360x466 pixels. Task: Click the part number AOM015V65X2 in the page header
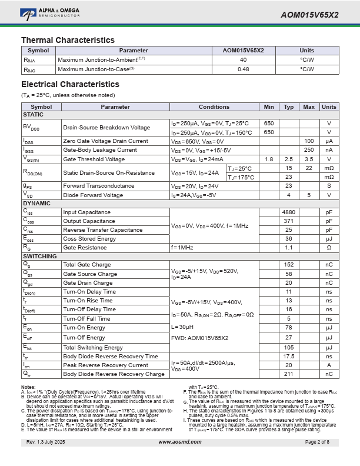pos(309,15)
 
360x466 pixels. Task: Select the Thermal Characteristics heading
pos(68,40)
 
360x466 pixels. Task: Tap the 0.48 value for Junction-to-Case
pos(243,69)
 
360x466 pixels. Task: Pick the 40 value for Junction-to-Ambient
pos(243,59)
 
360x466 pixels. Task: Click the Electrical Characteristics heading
pos(70,84)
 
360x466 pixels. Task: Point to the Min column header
pos(269,106)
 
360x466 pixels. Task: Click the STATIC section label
pos(33,115)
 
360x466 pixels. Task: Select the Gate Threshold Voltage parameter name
pos(94,159)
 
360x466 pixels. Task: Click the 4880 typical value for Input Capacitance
pos(289,212)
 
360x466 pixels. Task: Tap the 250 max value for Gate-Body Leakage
pos(309,150)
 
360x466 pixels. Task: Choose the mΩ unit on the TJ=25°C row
pos(329,168)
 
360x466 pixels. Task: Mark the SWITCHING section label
pos(39,257)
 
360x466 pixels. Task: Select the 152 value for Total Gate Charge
pos(289,265)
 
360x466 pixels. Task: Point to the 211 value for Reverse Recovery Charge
pos(289,374)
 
